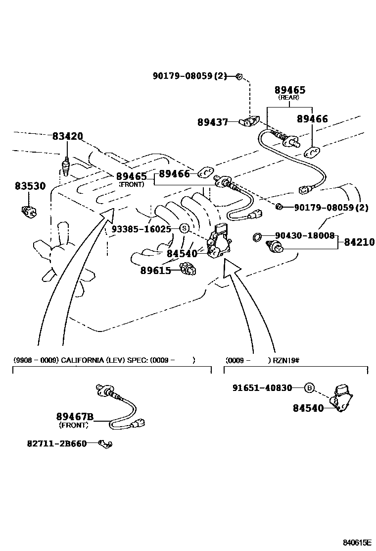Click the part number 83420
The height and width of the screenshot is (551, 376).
tap(68, 136)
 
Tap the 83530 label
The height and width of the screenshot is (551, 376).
tap(30, 186)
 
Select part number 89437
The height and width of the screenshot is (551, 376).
tap(212, 122)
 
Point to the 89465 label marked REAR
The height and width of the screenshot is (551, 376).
tap(290, 90)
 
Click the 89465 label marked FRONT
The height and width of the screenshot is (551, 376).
tap(132, 176)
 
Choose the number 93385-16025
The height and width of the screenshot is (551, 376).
tap(141, 229)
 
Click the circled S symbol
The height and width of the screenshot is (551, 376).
tap(184, 228)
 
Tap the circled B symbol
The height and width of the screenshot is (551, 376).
tap(309, 388)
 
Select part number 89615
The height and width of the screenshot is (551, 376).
tap(155, 270)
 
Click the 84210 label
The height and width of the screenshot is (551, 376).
tap(359, 242)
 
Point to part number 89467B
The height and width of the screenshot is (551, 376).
tap(75, 417)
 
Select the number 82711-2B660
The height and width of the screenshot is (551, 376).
tap(56, 443)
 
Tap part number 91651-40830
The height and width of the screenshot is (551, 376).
tap(262, 388)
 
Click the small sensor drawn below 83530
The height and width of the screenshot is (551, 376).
tap(30, 211)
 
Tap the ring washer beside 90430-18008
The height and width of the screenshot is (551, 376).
tap(257, 237)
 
